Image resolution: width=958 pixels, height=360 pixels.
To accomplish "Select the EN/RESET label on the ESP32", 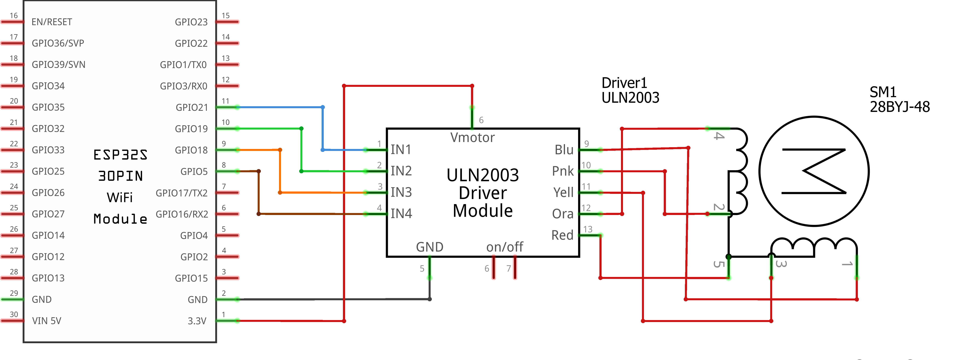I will [52, 22].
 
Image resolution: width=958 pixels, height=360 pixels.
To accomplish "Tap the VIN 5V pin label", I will [47, 321].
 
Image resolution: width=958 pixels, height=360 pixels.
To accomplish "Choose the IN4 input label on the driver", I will [401, 213].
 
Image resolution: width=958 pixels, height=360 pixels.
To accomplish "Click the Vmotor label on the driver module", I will [472, 138].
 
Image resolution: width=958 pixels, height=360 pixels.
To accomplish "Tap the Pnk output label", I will [563, 171].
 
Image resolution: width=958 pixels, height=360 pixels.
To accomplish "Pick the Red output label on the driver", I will [562, 235].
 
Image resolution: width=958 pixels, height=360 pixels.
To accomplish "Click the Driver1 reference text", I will [624, 82].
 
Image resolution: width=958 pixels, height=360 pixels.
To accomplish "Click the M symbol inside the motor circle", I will [814, 171].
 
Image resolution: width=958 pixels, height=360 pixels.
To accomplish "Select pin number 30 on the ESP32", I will [14, 314].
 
